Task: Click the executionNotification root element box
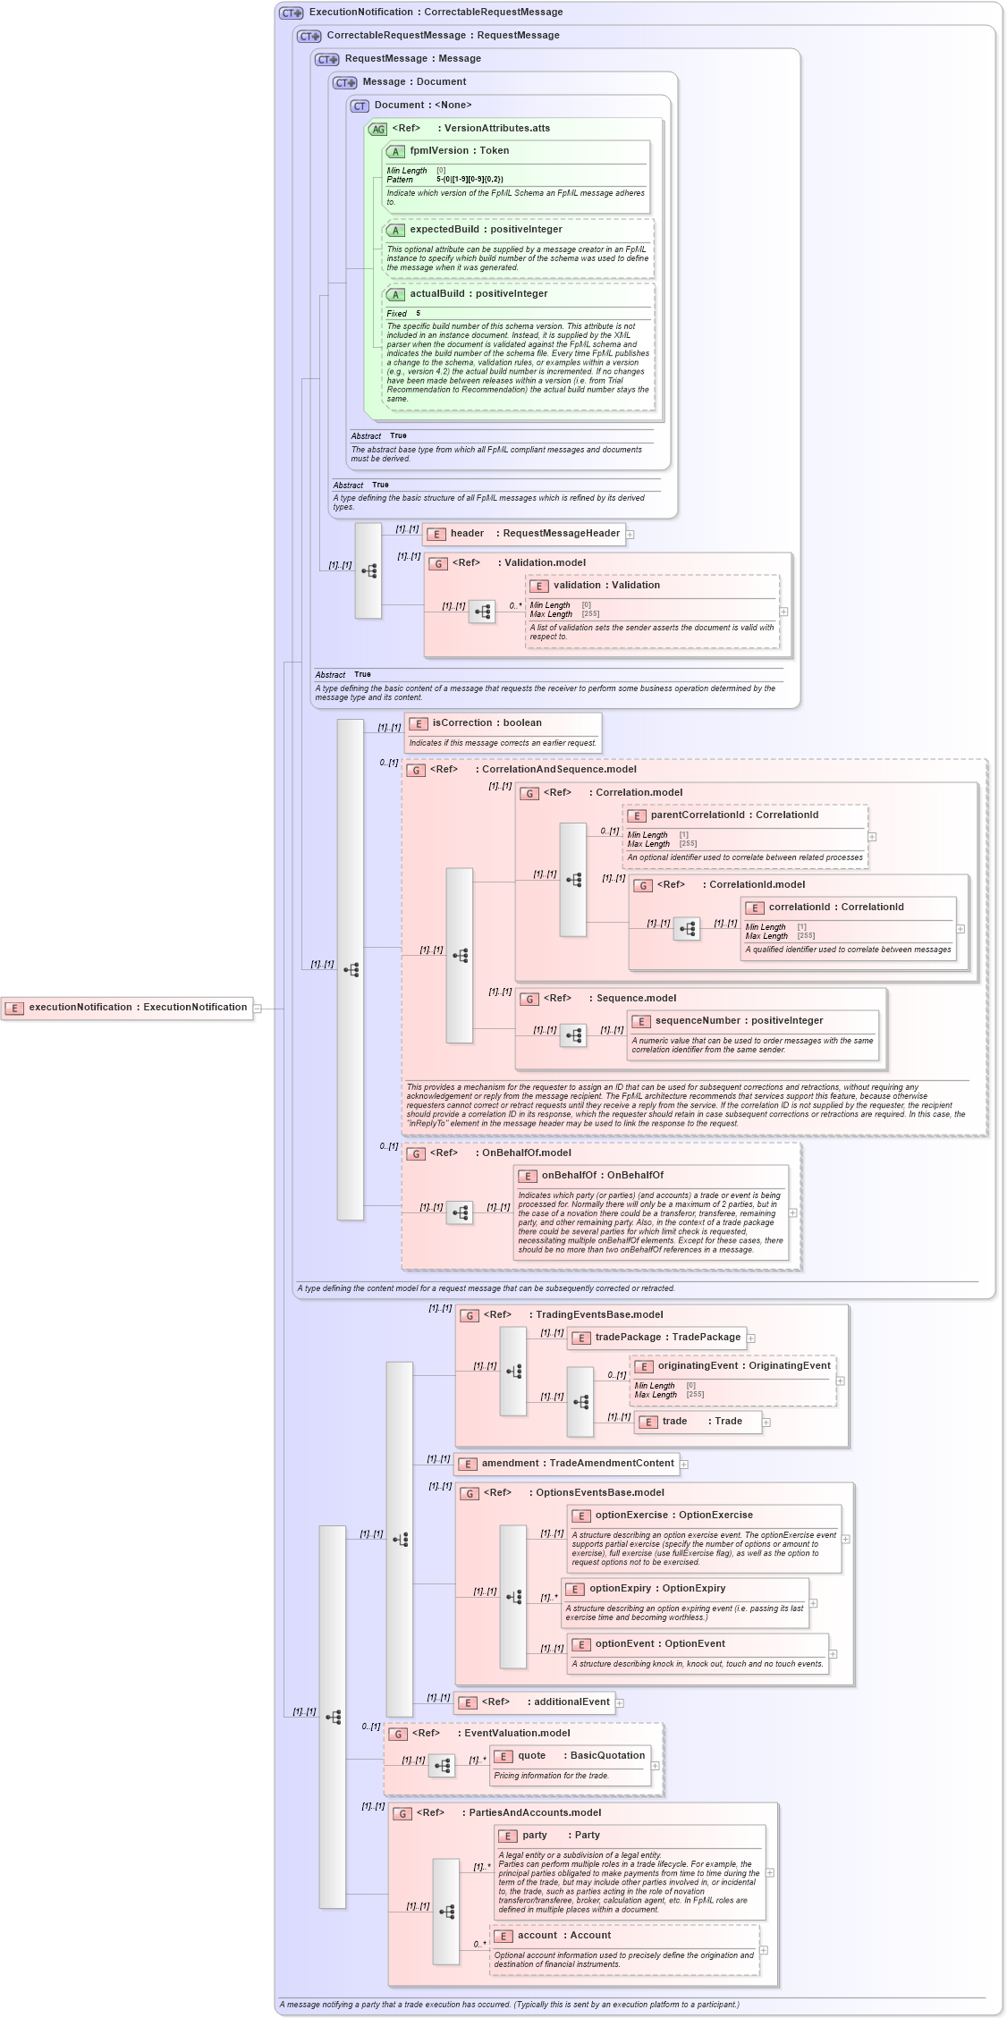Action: pos(127,1008)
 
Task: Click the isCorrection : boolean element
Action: pos(487,723)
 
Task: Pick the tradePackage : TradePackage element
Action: pos(657,1338)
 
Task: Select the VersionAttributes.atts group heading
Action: pos(496,129)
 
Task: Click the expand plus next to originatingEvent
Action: pos(841,1381)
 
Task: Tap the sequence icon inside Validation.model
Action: pos(482,612)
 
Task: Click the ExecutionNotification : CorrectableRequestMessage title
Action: pos(436,13)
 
